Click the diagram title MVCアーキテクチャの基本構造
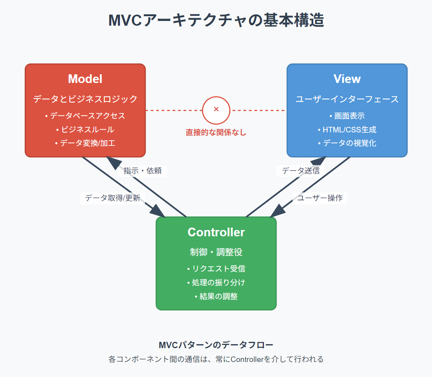pyautogui.click(x=216, y=20)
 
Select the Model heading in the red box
pyautogui.click(x=85, y=79)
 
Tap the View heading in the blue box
pyautogui.click(x=347, y=79)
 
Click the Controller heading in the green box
pyautogui.click(x=216, y=232)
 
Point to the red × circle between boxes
pyautogui.click(x=216, y=110)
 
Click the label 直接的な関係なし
pyautogui.click(x=216, y=132)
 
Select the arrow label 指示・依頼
pyautogui.click(x=142, y=171)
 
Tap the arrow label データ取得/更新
pyautogui.click(x=112, y=198)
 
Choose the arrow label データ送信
pyautogui.click(x=301, y=171)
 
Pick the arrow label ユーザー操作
pyautogui.click(x=320, y=198)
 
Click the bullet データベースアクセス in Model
pyautogui.click(x=85, y=116)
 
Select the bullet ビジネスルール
pyautogui.click(x=85, y=130)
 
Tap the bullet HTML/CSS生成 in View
pyautogui.click(x=347, y=130)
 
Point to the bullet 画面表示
pyautogui.click(x=347, y=116)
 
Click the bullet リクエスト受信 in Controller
pyautogui.click(x=216, y=269)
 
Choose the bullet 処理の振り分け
pyautogui.click(x=216, y=282)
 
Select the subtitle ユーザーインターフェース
pyautogui.click(x=347, y=99)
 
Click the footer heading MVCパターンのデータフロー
pyautogui.click(x=216, y=345)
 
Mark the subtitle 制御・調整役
pyautogui.click(x=216, y=252)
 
